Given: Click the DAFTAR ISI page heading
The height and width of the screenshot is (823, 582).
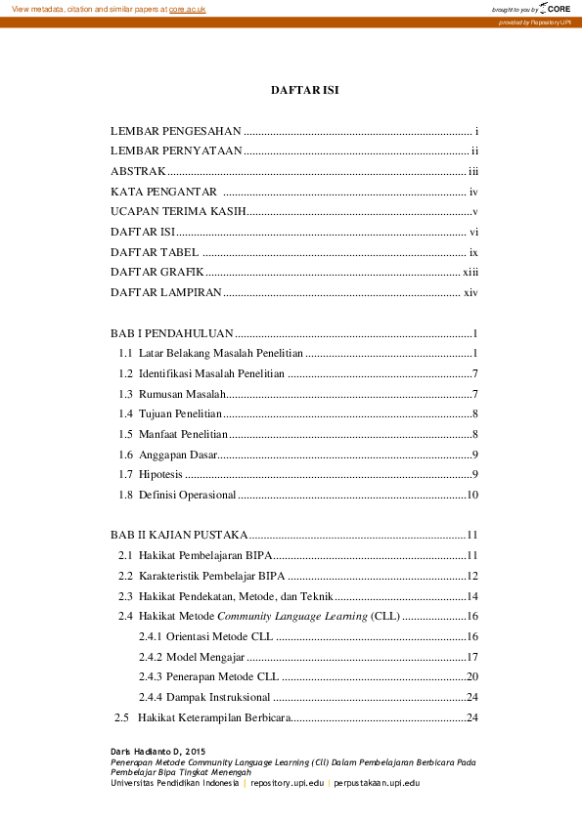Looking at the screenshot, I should (304, 90).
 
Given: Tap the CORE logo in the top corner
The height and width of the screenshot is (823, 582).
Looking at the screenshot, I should (552, 8).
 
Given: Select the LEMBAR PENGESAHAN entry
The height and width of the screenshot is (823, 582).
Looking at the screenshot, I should (175, 130).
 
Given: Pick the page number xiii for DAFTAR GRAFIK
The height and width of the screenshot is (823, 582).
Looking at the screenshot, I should (469, 272).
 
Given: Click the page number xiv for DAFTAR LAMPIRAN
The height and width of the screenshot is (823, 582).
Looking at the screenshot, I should (470, 292).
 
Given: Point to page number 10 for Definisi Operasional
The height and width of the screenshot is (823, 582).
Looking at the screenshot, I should (471, 495).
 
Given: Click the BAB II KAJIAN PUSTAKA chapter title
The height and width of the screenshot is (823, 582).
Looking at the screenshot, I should (179, 535).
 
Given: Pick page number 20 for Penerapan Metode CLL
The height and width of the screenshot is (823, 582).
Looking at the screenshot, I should (471, 675).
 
